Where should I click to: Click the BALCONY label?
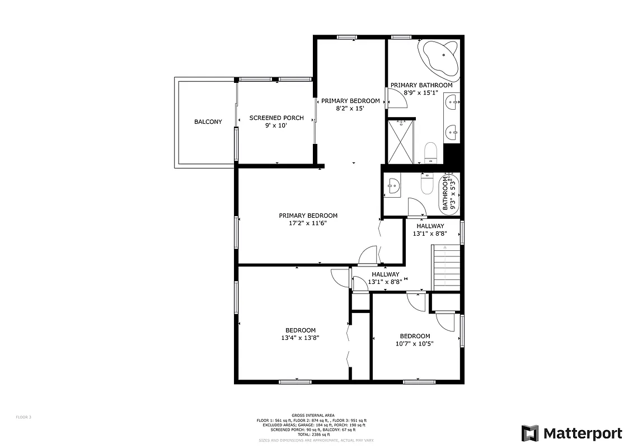pyautogui.click(x=208, y=122)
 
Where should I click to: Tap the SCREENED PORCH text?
pyautogui.click(x=276, y=118)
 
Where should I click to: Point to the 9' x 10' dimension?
pyautogui.click(x=276, y=125)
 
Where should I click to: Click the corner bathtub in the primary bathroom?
pyautogui.click(x=438, y=58)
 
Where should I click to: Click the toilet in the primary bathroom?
pyautogui.click(x=430, y=151)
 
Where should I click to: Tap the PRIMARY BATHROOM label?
pyautogui.click(x=421, y=85)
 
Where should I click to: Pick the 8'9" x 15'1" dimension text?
pyautogui.click(x=421, y=93)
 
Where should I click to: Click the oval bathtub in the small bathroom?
pyautogui.click(x=450, y=193)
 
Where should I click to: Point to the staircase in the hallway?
pyautogui.click(x=446, y=268)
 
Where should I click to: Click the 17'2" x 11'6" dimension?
pyautogui.click(x=308, y=223)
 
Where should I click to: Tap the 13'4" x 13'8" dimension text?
pyautogui.click(x=301, y=338)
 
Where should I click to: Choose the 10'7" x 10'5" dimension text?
pyautogui.click(x=415, y=344)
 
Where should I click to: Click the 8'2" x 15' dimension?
pyautogui.click(x=350, y=109)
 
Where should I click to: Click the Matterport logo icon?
pyautogui.click(x=530, y=433)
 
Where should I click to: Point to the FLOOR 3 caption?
pyautogui.click(x=24, y=417)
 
